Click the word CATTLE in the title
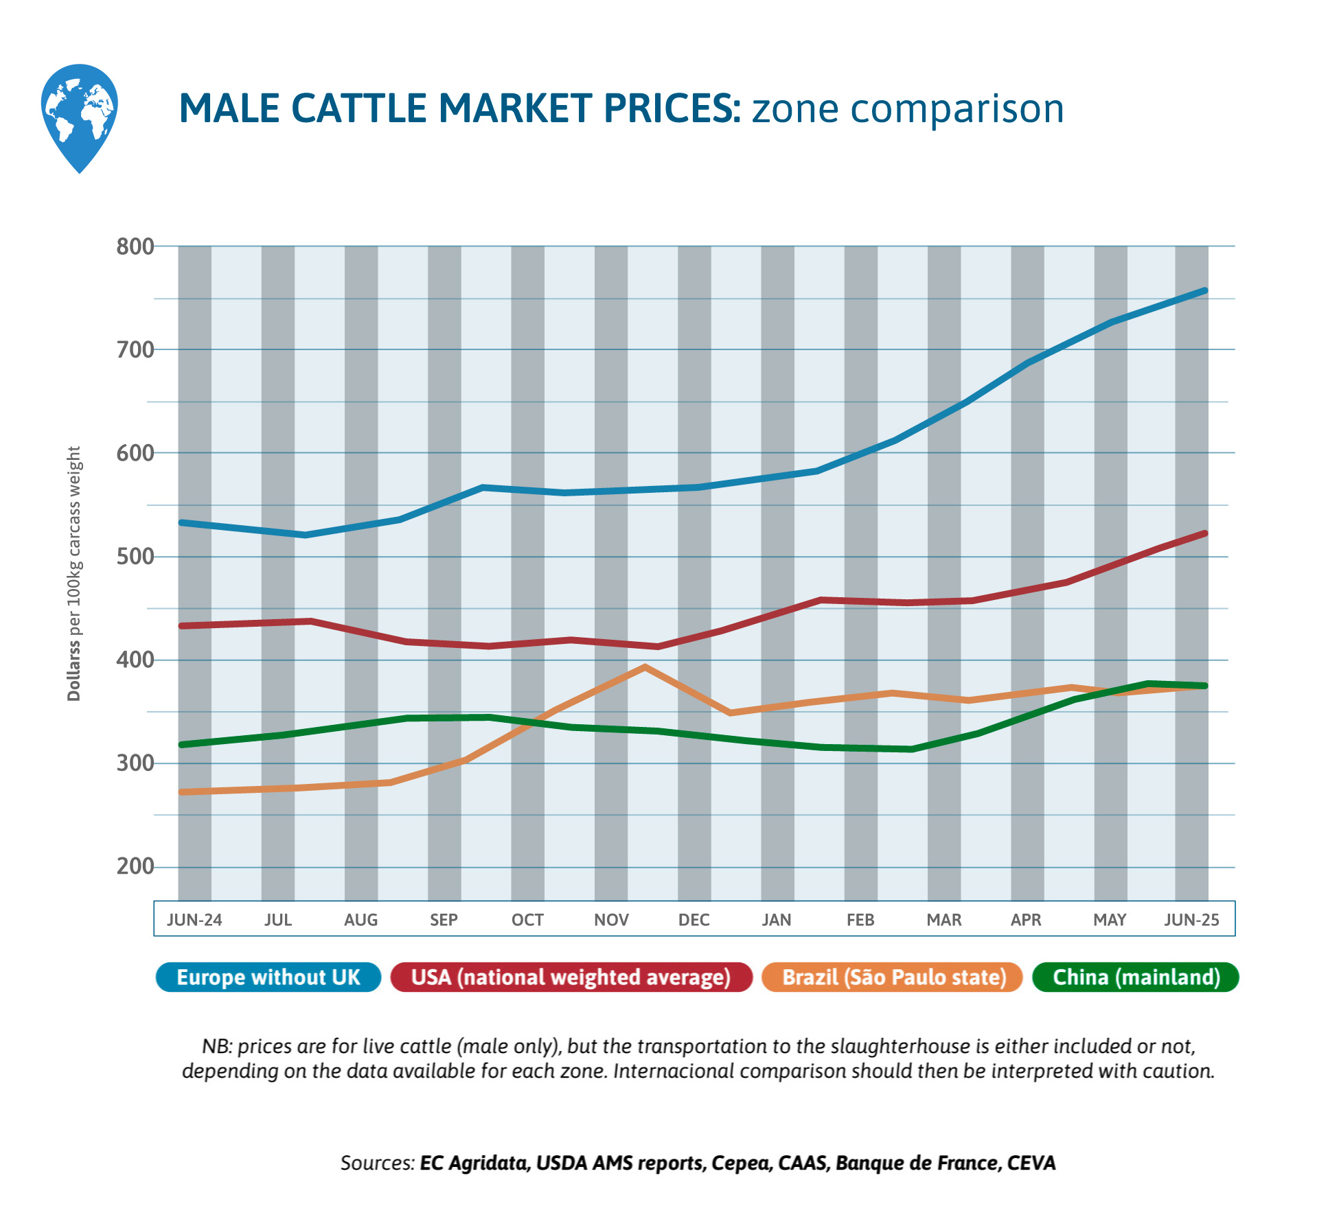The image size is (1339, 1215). (x=360, y=108)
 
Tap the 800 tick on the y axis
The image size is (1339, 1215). (x=135, y=246)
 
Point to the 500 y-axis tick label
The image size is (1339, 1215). (x=135, y=556)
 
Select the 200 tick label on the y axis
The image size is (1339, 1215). (x=135, y=866)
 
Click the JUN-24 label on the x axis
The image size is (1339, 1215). (x=194, y=920)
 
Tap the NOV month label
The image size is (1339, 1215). (x=611, y=920)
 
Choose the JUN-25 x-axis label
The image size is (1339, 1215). (x=1191, y=920)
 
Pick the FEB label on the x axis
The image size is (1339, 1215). (x=860, y=920)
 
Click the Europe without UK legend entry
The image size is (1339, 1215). (x=268, y=977)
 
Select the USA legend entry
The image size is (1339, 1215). (x=571, y=977)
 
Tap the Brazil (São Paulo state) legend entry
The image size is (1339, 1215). (x=893, y=977)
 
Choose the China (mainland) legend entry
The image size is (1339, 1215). (x=1136, y=977)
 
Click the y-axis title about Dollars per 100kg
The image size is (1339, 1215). (x=74, y=573)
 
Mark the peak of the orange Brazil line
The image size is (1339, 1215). (x=645, y=667)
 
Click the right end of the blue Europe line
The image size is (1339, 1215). (x=1204, y=291)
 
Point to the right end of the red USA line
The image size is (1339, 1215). (x=1204, y=533)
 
